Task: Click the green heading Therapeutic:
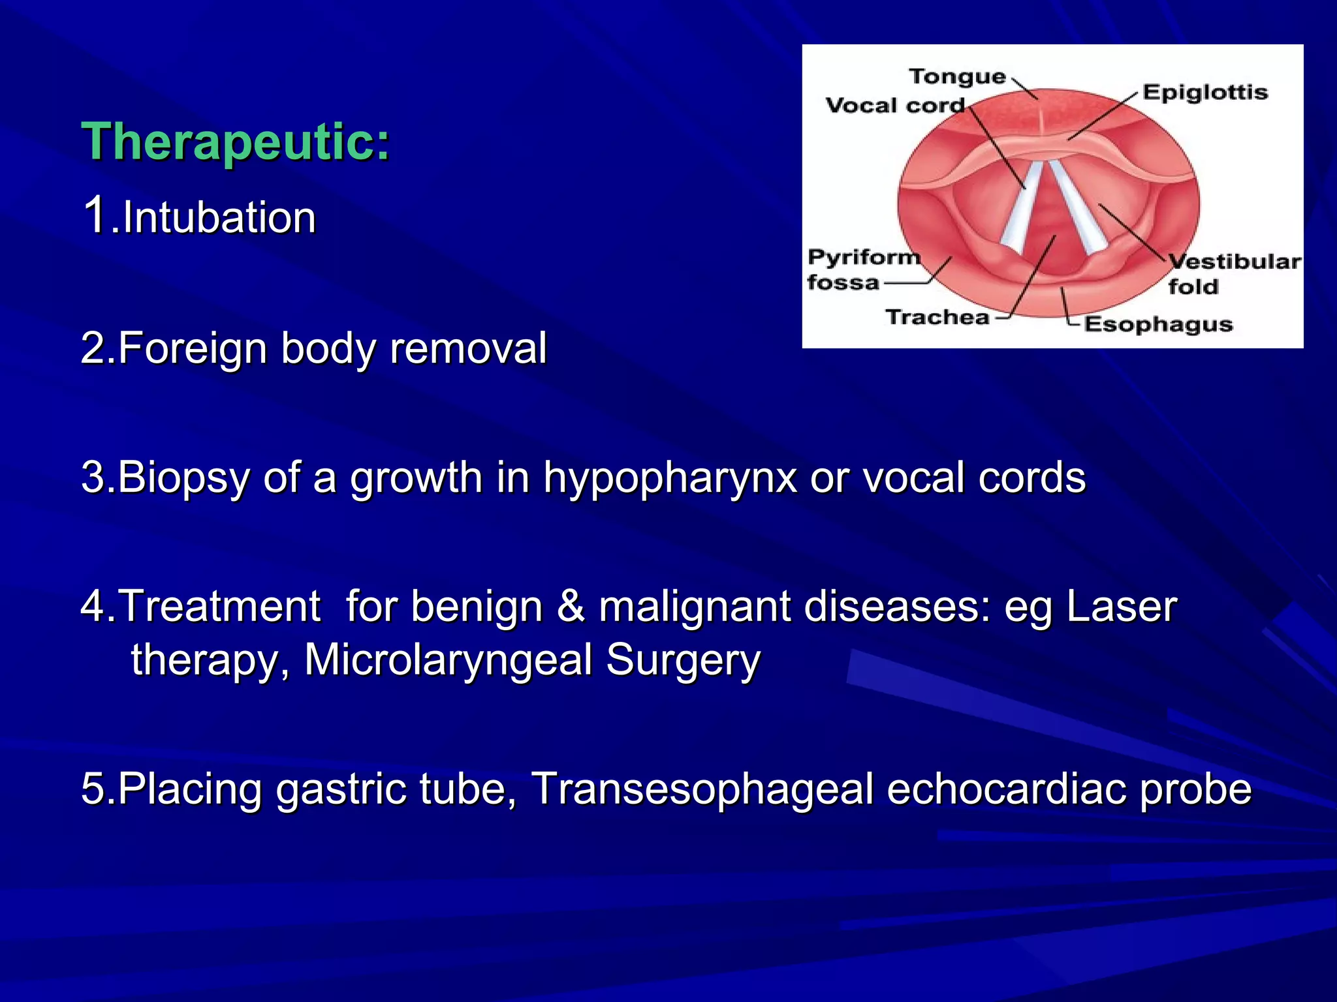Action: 235,142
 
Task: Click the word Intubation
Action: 219,217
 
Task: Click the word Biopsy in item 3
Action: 183,478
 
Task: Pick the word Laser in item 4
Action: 1121,606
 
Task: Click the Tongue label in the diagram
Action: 957,77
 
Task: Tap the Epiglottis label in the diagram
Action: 1204,92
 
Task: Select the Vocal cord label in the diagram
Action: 894,106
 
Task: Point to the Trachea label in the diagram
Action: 937,317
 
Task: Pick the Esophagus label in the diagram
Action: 1157,324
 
